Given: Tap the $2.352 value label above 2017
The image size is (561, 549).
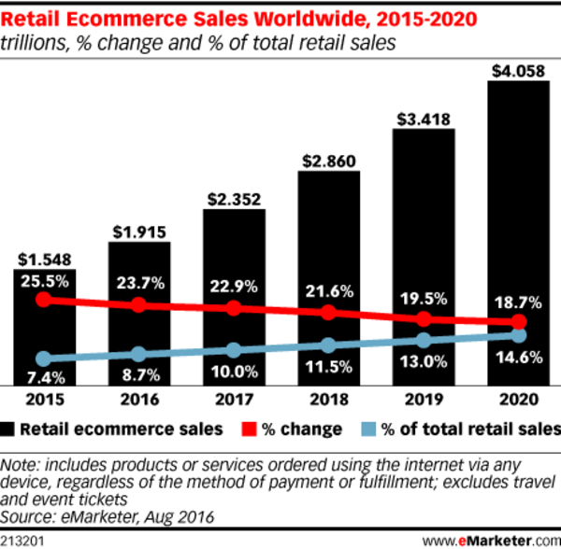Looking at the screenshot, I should (234, 198).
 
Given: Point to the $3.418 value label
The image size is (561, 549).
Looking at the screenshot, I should (424, 118).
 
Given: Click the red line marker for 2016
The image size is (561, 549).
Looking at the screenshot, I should (138, 304).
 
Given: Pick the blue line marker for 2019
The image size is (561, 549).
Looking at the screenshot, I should (424, 341).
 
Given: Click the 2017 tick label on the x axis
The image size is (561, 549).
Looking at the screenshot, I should (234, 400).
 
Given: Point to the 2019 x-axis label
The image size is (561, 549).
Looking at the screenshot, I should (424, 400).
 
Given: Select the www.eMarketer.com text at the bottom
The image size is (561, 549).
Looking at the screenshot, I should (487, 540).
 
